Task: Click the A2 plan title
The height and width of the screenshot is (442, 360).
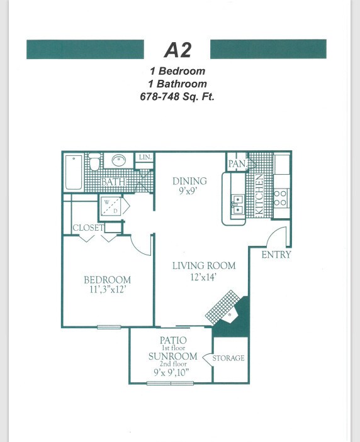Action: pyautogui.click(x=177, y=50)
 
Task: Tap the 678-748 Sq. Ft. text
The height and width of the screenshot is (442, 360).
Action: pyautogui.click(x=177, y=97)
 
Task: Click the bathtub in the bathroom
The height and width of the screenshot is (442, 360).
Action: pyautogui.click(x=74, y=172)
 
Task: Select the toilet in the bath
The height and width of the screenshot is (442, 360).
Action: pyautogui.click(x=94, y=162)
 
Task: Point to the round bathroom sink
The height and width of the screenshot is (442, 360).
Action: pyautogui.click(x=118, y=160)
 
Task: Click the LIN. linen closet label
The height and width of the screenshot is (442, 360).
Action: pyautogui.click(x=145, y=157)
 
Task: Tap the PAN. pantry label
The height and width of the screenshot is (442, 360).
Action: pyautogui.click(x=237, y=163)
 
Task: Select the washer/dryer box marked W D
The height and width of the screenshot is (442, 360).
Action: pyautogui.click(x=111, y=206)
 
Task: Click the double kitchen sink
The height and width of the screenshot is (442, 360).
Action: pyautogui.click(x=237, y=204)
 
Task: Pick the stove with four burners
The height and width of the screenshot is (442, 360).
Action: pyautogui.click(x=280, y=199)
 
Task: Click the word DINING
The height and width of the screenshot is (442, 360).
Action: pyautogui.click(x=189, y=181)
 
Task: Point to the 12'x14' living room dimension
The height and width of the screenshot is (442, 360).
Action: pyautogui.click(x=203, y=277)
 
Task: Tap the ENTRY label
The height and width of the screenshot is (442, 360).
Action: pyautogui.click(x=276, y=255)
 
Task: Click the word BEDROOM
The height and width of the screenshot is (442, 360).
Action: pyautogui.click(x=108, y=280)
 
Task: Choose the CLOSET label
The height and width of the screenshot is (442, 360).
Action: pyautogui.click(x=88, y=228)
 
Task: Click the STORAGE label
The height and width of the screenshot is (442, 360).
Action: pyautogui.click(x=228, y=358)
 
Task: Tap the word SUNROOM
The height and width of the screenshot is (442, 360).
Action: pyautogui.click(x=172, y=356)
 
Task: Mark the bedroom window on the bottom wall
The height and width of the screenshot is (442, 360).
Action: pyautogui.click(x=109, y=327)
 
